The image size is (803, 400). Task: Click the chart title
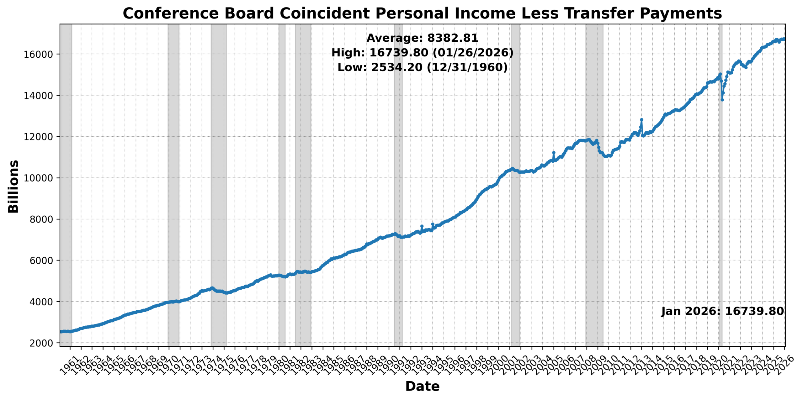coord(422,13)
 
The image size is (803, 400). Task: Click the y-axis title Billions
coord(13,187)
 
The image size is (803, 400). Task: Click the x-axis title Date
coord(422,386)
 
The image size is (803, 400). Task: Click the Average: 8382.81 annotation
coord(422,38)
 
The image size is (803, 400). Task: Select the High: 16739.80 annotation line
coord(422,52)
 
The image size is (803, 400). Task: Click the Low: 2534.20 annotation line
coord(422,67)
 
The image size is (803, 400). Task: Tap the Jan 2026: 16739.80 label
coord(722,311)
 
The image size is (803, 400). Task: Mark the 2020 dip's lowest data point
coord(722,100)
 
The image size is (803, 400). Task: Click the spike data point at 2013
coord(641,120)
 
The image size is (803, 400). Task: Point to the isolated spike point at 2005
coord(554,153)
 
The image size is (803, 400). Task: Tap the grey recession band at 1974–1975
coord(219,188)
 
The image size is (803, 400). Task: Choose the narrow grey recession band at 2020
coord(721,219)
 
